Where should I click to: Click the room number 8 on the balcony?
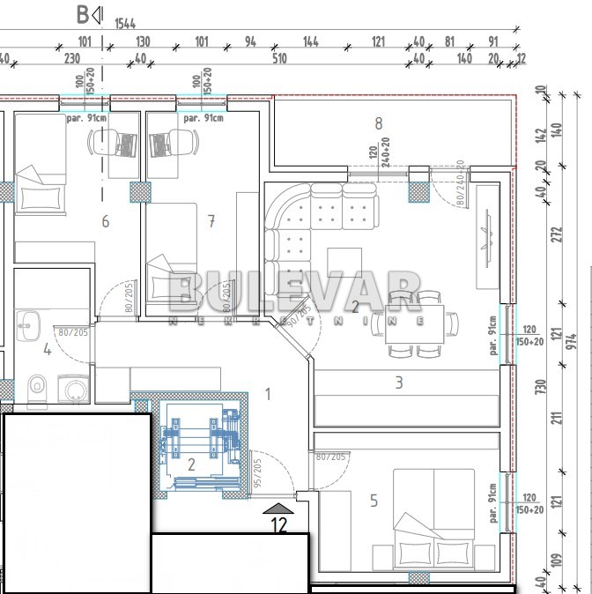pyautogui.click(x=378, y=124)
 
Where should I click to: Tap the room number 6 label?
pyautogui.click(x=105, y=221)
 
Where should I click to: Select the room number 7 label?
pyautogui.click(x=211, y=221)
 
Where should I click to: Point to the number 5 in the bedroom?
pyautogui.click(x=374, y=501)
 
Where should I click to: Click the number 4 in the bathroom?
pyautogui.click(x=47, y=350)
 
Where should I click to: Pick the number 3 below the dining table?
pyautogui.click(x=398, y=382)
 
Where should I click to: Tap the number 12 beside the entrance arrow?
pyautogui.click(x=279, y=526)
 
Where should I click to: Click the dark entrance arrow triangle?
pyautogui.click(x=278, y=508)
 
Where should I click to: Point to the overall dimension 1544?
pyautogui.click(x=127, y=25)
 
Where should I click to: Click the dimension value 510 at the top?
pyautogui.click(x=279, y=59)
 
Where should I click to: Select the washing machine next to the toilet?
pyautogui.click(x=72, y=389)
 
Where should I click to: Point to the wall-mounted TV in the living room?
pyautogui.click(x=485, y=236)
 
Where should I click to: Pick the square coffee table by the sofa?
pyautogui.click(x=344, y=262)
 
